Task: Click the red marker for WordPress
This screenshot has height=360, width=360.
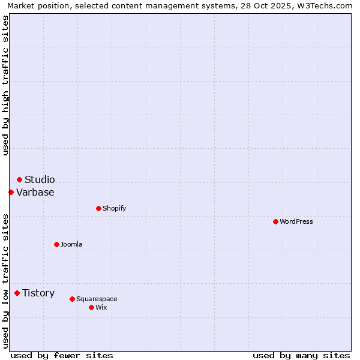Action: point(275,221)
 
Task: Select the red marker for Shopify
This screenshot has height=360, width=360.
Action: point(98,208)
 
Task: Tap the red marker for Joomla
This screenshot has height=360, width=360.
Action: point(56,244)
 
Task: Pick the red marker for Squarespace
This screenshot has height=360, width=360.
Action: point(72,299)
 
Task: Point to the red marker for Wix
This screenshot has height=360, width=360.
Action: point(91,307)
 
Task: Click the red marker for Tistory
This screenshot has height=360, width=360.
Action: point(17,293)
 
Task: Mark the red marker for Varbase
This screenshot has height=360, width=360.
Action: point(11,192)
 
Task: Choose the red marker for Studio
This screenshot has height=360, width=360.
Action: point(19,179)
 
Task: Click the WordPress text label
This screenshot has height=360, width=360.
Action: point(296,221)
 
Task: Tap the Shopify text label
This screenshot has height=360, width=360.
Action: point(114,208)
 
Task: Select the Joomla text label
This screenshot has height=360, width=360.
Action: point(71,244)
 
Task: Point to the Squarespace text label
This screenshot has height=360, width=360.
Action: point(97,299)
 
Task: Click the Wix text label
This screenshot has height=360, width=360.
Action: point(101,307)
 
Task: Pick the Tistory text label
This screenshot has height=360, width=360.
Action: point(38,293)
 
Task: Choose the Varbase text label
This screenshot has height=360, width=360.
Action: point(35,192)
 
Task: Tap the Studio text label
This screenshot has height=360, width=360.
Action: point(40,179)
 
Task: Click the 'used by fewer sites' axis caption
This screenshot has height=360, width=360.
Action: point(62,355)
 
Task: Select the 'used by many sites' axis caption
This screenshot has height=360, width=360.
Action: point(301,355)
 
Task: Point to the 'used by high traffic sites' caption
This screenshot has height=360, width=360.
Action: point(6,85)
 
